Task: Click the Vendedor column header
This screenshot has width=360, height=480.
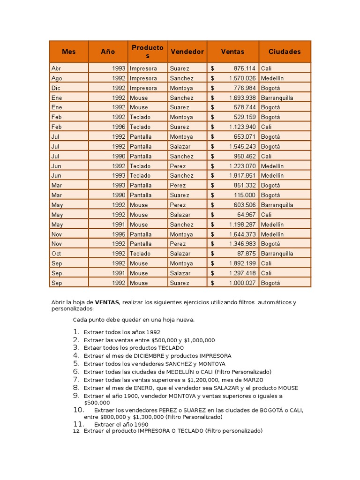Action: point(187,52)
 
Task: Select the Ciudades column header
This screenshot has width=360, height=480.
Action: point(285,52)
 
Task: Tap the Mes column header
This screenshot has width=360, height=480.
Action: point(68,52)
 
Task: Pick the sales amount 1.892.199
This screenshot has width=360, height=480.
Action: point(242,263)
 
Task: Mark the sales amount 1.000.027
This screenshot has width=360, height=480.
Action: point(242,283)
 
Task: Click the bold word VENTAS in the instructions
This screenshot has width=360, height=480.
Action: point(106,302)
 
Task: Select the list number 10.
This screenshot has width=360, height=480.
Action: point(78,410)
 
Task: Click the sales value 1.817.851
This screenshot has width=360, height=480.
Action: point(242,176)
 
